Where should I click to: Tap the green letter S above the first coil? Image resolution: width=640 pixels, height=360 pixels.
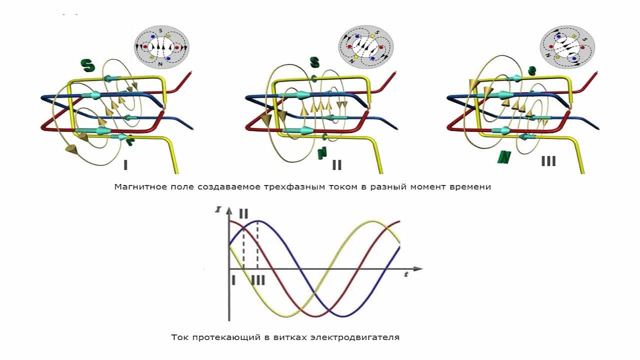pyautogui.click(x=87, y=65)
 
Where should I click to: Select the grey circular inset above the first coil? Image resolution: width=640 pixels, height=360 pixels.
pyautogui.click(x=161, y=47)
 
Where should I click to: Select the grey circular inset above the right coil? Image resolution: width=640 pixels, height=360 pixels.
pyautogui.click(x=566, y=47)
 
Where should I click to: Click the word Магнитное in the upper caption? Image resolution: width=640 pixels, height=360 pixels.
pyautogui.click(x=136, y=187)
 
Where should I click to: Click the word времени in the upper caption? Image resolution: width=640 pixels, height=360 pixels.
pyautogui.click(x=472, y=187)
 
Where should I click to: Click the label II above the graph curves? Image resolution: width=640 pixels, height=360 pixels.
pyautogui.click(x=243, y=213)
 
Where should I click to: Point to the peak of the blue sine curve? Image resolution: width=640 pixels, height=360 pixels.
pyautogui.click(x=257, y=220)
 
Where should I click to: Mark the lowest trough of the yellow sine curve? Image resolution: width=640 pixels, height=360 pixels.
pyautogui.click(x=286, y=316)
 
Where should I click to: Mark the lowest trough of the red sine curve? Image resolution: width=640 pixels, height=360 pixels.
pyautogui.click(x=315, y=316)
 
